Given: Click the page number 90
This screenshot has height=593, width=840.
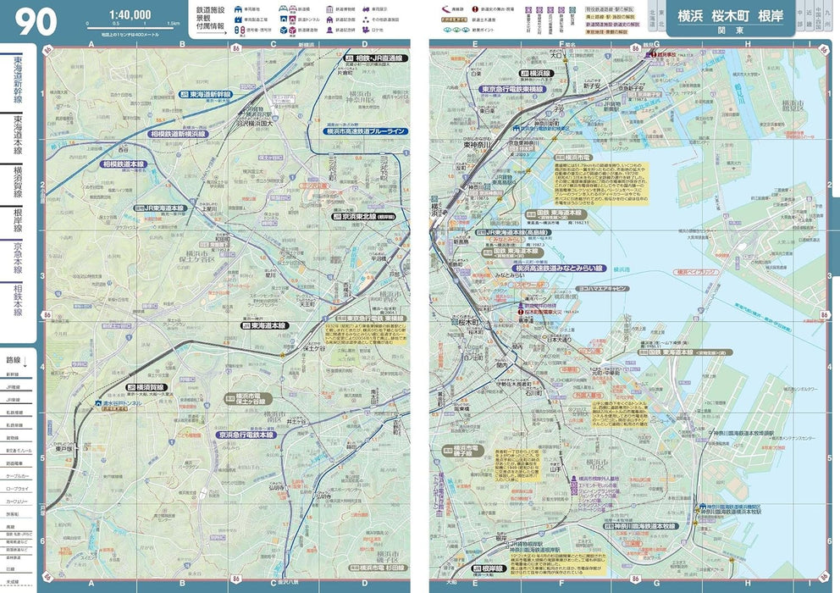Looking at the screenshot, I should tap(36, 22).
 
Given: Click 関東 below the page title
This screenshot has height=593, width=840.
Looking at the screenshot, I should tap(733, 28).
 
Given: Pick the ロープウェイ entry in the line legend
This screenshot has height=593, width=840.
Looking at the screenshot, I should tap(17, 488).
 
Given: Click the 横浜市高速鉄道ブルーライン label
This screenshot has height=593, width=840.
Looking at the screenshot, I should tap(365, 131).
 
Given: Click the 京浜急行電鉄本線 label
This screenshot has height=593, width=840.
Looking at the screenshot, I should tap(245, 435).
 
